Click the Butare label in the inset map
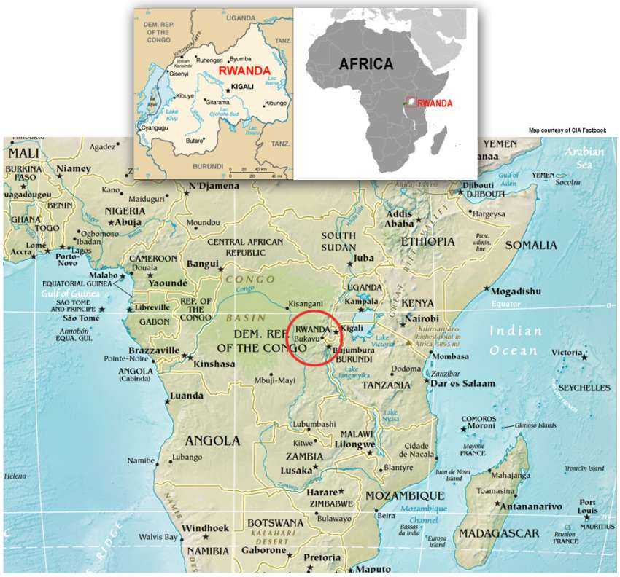[x=194, y=141]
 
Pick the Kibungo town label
[x=275, y=103]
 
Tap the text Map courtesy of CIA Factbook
[x=567, y=130]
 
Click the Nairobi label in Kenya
[x=421, y=319]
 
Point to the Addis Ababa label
[x=399, y=219]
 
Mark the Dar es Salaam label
[x=463, y=383]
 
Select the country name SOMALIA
[x=530, y=245]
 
